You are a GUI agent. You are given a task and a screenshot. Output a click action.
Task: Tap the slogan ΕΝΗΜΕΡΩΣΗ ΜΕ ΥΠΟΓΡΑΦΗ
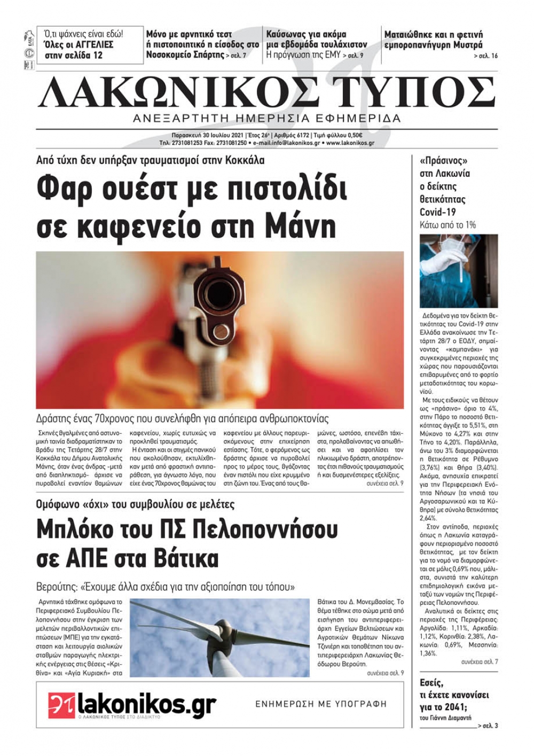click(x=321, y=704)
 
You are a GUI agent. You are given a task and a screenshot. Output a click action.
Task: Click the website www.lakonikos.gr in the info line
click(x=350, y=143)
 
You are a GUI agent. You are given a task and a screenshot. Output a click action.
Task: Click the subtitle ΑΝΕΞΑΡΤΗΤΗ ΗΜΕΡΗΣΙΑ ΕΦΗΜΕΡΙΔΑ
click(x=267, y=119)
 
